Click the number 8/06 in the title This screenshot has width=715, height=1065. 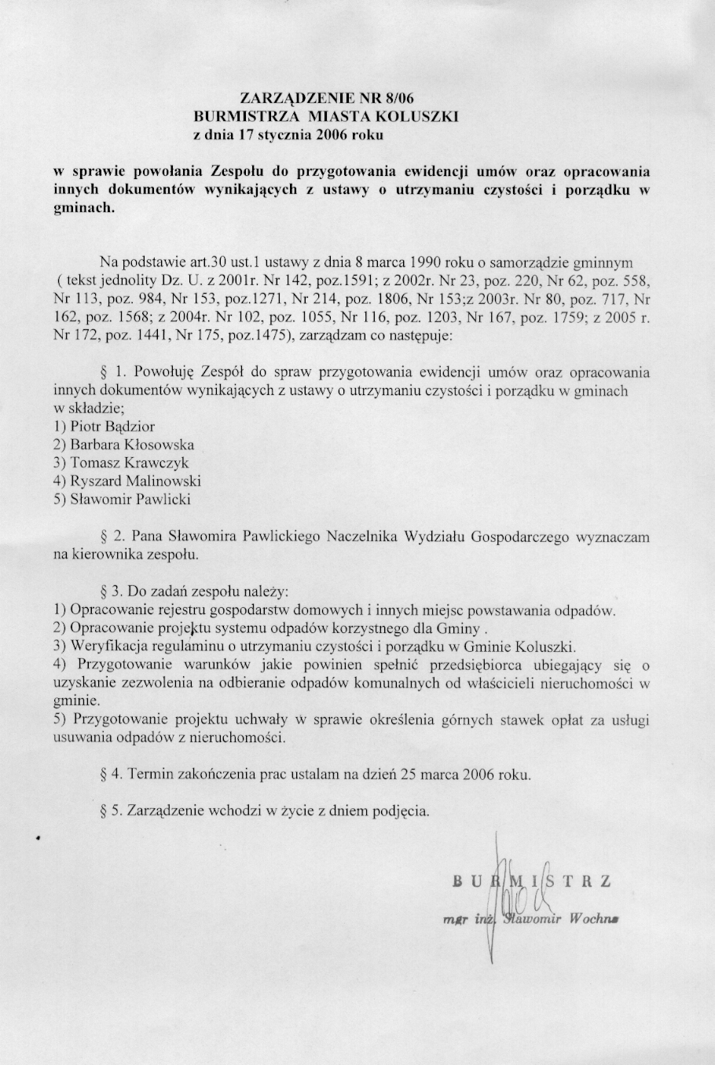click(397, 99)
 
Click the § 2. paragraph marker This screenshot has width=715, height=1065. click(115, 536)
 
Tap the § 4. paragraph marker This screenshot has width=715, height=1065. click(115, 774)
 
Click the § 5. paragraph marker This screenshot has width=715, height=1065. click(115, 811)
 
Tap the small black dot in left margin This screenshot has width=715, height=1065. click(38, 839)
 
